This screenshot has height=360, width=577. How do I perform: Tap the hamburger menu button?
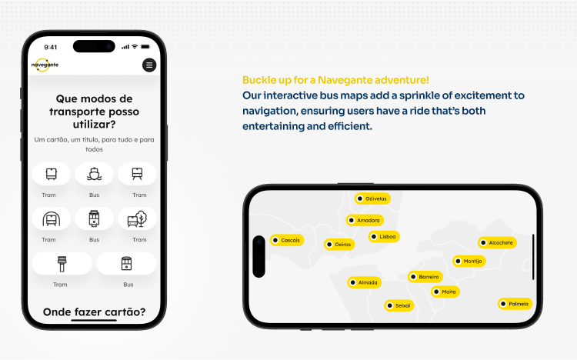(149, 65)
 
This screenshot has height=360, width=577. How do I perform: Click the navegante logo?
(45, 65)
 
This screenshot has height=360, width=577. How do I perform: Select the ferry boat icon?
(94, 174)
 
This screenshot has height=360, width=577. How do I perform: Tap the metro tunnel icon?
(51, 218)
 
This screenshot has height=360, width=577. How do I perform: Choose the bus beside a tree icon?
(137, 218)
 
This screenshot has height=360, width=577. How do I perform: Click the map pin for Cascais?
(287, 240)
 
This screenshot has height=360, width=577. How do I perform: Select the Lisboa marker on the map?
(384, 236)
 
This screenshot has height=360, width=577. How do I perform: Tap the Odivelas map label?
(372, 198)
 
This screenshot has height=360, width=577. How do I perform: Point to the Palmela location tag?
(515, 304)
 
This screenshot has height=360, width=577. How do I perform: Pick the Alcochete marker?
(497, 242)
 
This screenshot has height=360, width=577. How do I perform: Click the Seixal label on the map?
(399, 305)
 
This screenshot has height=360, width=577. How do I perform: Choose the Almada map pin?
(364, 282)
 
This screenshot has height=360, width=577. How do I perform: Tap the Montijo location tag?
(469, 261)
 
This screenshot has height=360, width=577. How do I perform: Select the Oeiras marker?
(339, 245)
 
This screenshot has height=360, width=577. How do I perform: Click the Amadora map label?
(365, 220)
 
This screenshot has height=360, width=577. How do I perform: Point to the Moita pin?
(445, 292)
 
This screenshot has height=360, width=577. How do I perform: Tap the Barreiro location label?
(425, 276)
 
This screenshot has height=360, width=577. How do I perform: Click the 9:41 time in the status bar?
(51, 47)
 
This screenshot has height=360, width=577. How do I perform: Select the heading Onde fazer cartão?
(94, 312)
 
